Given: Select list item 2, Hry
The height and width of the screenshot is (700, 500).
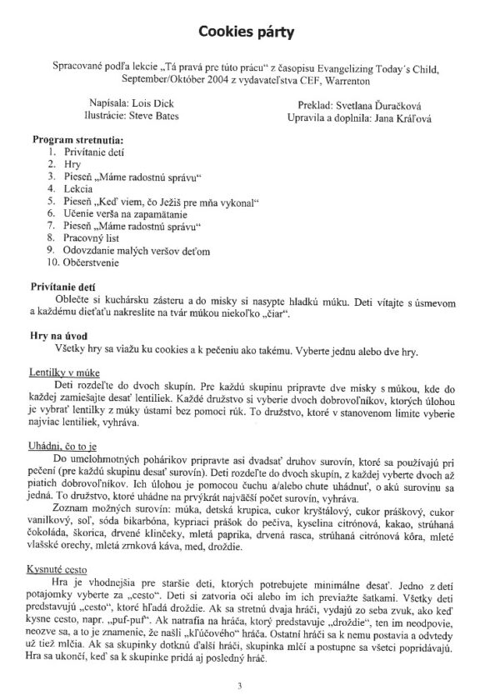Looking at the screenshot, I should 73,165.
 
